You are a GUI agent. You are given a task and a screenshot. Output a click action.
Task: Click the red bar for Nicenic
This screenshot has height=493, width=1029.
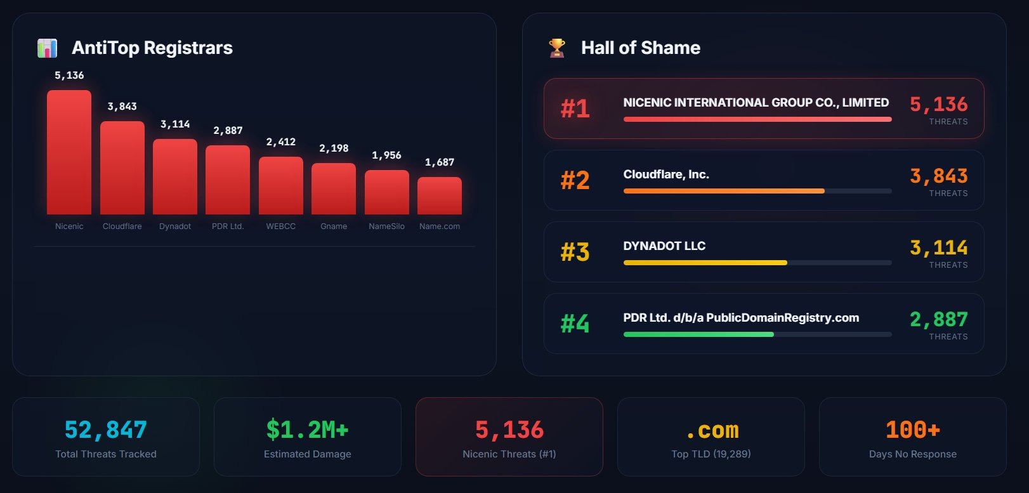click(x=69, y=152)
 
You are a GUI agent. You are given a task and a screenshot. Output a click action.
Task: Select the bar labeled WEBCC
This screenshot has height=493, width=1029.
click(x=281, y=185)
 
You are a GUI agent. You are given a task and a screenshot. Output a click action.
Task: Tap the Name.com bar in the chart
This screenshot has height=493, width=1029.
click(x=440, y=195)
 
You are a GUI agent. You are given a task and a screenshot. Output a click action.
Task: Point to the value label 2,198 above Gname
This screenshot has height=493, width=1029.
click(x=334, y=148)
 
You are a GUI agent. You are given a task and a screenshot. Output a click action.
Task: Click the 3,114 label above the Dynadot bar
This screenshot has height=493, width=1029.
click(x=175, y=124)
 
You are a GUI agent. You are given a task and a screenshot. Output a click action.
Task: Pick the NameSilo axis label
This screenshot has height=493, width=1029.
click(x=386, y=227)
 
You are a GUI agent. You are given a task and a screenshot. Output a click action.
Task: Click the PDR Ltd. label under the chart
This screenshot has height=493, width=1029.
click(x=228, y=227)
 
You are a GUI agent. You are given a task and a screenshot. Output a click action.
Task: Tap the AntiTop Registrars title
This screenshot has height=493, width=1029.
click(x=152, y=48)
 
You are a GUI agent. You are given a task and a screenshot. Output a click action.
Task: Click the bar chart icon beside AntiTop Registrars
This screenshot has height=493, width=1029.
click(x=48, y=48)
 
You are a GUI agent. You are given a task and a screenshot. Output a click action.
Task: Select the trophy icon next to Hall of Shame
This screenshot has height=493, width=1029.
click(x=557, y=48)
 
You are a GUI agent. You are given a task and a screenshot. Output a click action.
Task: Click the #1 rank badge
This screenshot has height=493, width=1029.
click(x=575, y=108)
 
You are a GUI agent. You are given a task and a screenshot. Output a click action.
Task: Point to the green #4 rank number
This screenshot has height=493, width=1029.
click(x=575, y=324)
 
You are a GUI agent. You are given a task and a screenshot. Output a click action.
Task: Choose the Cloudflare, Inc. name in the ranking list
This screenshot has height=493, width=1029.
click(x=666, y=174)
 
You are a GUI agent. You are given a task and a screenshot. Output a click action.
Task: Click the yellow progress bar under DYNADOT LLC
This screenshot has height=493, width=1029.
click(x=705, y=263)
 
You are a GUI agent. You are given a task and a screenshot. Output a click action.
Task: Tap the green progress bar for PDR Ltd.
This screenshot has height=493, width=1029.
click(x=698, y=334)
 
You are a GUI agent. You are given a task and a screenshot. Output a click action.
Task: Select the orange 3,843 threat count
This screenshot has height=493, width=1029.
click(x=938, y=176)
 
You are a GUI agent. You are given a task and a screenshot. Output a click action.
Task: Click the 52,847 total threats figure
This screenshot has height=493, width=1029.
click(x=106, y=430)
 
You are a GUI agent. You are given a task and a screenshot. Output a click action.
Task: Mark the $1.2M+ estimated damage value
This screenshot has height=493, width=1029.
click(x=307, y=430)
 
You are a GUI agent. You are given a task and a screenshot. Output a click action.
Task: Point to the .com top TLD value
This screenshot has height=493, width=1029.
click(x=711, y=431)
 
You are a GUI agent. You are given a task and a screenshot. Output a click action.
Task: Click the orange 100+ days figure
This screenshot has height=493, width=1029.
click(x=912, y=430)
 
